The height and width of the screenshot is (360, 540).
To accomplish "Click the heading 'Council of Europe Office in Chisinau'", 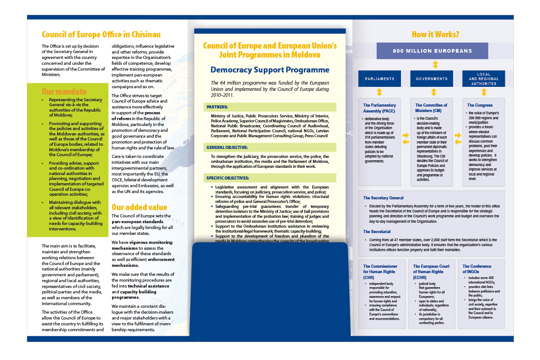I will click(101, 34).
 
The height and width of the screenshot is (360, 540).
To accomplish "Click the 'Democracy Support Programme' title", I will click(270, 70).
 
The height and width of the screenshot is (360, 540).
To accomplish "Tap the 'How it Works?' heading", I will click(435, 34).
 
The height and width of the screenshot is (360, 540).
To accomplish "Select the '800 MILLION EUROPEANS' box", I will click(432, 51).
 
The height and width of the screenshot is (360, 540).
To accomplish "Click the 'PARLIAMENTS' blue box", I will click(379, 79).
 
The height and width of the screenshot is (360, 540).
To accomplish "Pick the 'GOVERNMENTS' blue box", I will click(432, 79).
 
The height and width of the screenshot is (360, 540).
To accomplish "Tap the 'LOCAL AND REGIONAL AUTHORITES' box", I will click(484, 79).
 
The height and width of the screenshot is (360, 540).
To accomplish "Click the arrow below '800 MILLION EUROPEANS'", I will click(435, 65).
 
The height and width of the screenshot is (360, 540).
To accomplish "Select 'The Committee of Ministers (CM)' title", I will click(431, 108).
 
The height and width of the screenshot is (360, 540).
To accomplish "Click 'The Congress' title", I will click(479, 105).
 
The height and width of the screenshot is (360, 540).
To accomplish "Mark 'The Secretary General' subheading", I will click(383, 198).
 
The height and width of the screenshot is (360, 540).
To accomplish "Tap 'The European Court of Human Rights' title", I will click(431, 269).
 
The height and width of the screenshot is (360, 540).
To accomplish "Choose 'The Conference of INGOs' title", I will click(477, 269).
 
